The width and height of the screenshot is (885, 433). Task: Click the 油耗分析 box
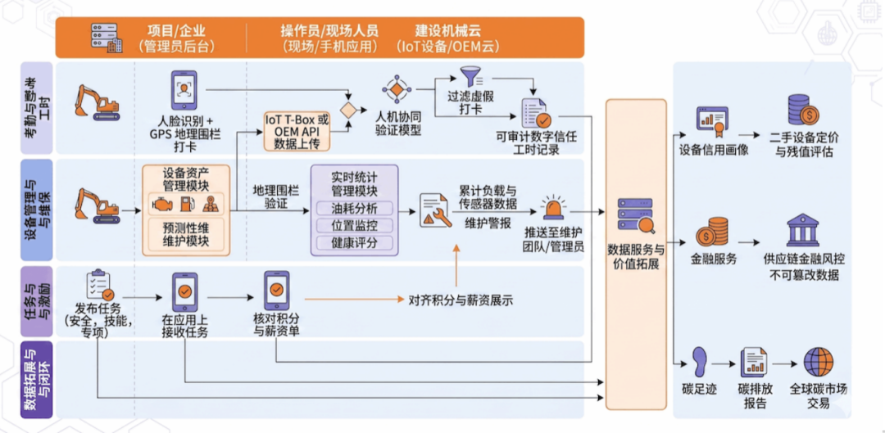pyautogui.click(x=355, y=208)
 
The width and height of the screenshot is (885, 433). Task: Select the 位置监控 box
pyautogui.click(x=355, y=226)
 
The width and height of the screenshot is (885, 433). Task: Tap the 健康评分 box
pyautogui.click(x=355, y=243)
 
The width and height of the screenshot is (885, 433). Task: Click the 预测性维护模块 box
pyautogui.click(x=186, y=234)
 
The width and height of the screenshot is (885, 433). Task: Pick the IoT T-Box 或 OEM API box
pyautogui.click(x=297, y=131)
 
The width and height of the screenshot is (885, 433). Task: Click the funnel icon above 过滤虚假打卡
pyautogui.click(x=470, y=77)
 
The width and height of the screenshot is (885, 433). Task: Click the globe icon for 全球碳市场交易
pyautogui.click(x=819, y=362)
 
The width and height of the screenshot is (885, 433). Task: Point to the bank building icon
pyautogui.click(x=804, y=229)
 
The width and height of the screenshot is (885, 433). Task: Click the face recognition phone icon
pyautogui.click(x=184, y=90)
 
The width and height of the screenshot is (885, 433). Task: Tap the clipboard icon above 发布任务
pyautogui.click(x=99, y=286)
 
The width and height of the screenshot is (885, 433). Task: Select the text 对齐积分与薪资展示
pyautogui.click(x=461, y=300)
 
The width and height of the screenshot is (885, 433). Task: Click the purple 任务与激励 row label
pyautogui.click(x=37, y=301)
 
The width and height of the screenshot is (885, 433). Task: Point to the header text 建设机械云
pyautogui.click(x=448, y=30)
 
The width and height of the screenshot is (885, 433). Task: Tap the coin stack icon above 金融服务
pyautogui.click(x=714, y=231)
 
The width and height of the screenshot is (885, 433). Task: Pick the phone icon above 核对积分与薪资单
pyautogui.click(x=277, y=291)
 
